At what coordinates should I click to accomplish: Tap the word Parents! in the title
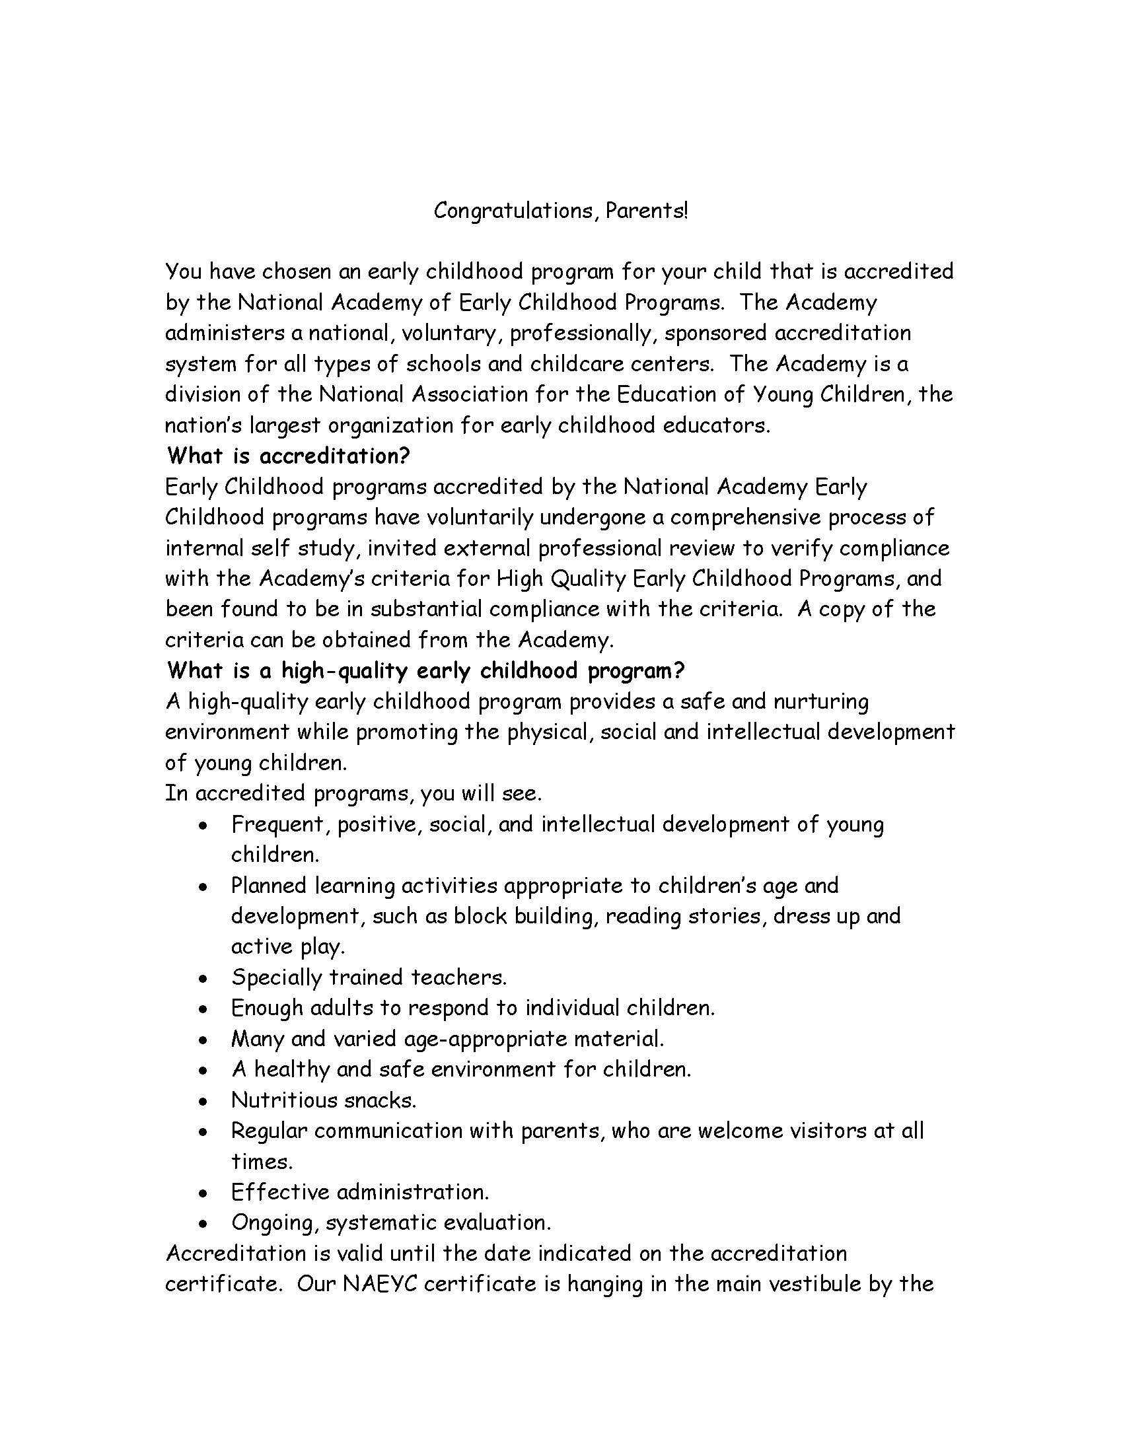(x=647, y=211)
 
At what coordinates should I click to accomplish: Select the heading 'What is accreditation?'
(x=288, y=456)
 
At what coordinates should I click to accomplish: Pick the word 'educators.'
(x=718, y=425)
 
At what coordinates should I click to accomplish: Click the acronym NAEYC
(x=379, y=1284)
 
